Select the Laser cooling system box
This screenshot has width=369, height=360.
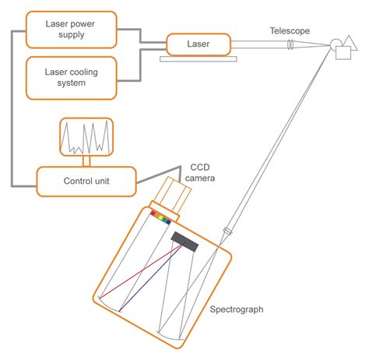coord(71,77)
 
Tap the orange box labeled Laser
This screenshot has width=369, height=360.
coord(199,44)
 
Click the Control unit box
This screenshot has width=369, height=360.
coord(86,182)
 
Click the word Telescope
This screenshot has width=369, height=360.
coord(290,30)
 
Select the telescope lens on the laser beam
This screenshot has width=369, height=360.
coord(290,46)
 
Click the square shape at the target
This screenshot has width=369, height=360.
coord(343,51)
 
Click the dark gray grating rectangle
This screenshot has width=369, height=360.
coord(184,242)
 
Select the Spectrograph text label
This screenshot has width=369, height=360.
coord(237,309)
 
